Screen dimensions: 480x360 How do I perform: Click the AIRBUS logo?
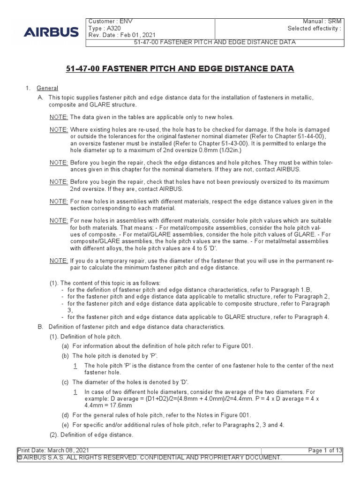tap(52, 32)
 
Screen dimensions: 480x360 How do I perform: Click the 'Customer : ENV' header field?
tap(111, 22)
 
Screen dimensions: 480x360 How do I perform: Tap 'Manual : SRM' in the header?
tap(322, 22)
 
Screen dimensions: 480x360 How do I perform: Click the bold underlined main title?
tap(180, 69)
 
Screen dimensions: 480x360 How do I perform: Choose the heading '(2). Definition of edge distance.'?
tap(91, 434)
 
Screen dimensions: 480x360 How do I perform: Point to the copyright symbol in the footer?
tap(20, 457)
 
